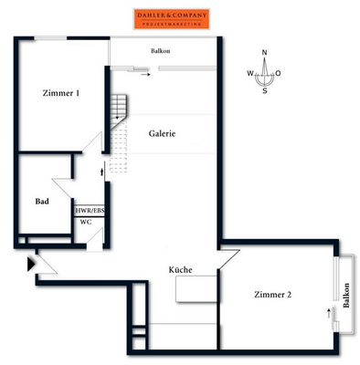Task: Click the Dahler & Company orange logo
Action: coord(172,19)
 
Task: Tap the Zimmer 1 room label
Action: coord(61,93)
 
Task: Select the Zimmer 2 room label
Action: coord(272,295)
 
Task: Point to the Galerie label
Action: coord(162,133)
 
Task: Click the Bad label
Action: coord(42,202)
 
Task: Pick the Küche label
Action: coord(180,269)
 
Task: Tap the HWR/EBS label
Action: coord(90,211)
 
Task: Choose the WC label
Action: coord(86,222)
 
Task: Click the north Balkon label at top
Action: coord(161,51)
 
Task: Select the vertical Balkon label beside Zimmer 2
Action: coord(346,296)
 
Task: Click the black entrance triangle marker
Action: coord(31,265)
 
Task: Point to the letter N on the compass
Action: coord(264,53)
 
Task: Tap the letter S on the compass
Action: coord(265,90)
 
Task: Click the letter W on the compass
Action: coord(250,73)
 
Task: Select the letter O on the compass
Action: coord(278,73)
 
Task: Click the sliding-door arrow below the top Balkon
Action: coord(145,74)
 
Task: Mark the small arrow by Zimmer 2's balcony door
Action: coord(329,313)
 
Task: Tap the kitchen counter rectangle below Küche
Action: coord(196,289)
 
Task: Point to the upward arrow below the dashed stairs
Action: coord(102,171)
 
